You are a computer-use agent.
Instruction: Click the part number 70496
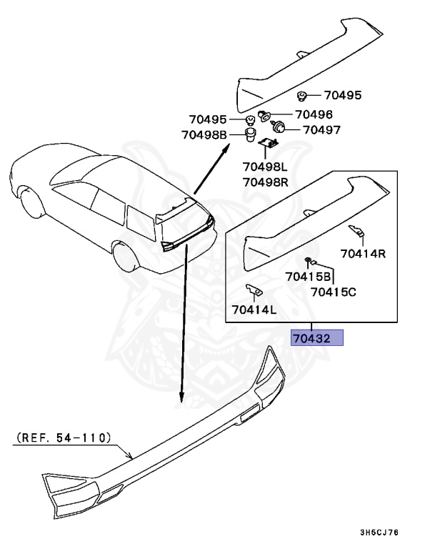coord(314,114)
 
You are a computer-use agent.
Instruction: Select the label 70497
coord(321,130)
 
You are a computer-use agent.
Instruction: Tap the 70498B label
coord(204,135)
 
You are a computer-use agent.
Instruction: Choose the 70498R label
coord(265,182)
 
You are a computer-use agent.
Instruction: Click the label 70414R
coord(363,253)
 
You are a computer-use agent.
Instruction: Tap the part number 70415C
coord(334,291)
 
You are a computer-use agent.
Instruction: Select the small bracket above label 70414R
coord(356,230)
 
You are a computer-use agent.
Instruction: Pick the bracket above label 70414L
coord(253,290)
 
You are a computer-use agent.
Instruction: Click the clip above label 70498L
coord(268,144)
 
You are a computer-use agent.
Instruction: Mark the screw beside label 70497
coord(280,128)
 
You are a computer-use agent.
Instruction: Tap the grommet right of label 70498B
coord(250,134)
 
